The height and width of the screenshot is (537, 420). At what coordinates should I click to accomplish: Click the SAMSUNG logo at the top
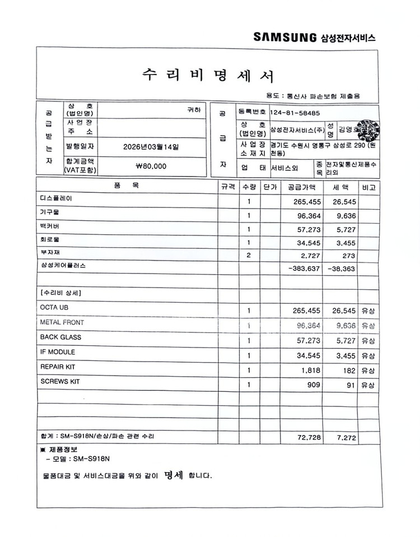click(285, 38)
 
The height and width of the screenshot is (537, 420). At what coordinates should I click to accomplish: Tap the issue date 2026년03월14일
click(152, 147)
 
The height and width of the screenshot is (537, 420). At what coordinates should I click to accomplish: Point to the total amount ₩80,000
click(151, 166)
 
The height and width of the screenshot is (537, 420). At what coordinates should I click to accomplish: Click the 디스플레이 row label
click(56, 199)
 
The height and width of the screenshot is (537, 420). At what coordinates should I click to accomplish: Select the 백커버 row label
click(50, 226)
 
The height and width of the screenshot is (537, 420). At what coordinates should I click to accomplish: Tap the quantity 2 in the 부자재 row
click(249, 256)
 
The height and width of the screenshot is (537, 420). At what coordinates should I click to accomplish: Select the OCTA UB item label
click(54, 307)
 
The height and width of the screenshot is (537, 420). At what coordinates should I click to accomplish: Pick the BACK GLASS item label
click(60, 337)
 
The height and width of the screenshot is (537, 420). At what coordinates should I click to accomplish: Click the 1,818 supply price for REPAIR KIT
click(310, 371)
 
